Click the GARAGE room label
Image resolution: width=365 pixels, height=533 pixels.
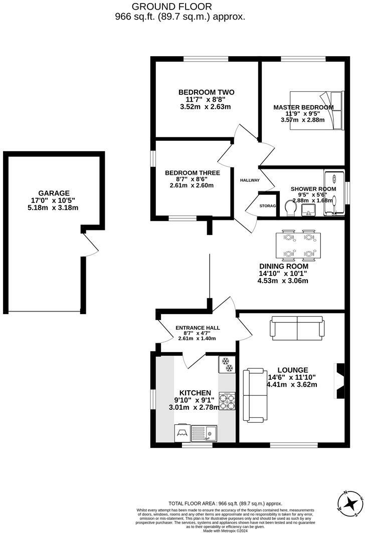pos(54,193)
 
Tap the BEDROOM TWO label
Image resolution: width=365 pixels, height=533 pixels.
pos(206,92)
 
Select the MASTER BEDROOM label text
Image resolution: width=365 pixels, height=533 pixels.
pos(303,107)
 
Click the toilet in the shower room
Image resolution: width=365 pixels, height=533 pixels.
pos(289,207)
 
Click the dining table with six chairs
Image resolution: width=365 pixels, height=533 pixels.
pos(298,245)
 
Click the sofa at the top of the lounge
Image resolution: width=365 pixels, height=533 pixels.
pos(297,327)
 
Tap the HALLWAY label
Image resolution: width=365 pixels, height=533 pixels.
pos(250,180)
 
